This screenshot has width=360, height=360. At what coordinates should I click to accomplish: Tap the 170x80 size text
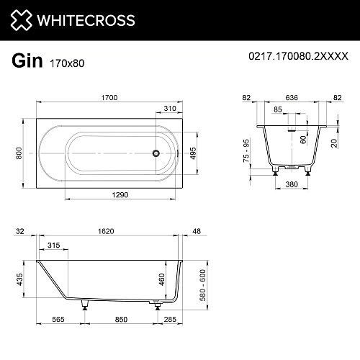pyautogui.click(x=66, y=63)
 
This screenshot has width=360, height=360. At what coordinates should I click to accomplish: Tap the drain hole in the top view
pyautogui.click(x=153, y=153)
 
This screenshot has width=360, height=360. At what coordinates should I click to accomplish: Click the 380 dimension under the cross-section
pyautogui.click(x=290, y=184)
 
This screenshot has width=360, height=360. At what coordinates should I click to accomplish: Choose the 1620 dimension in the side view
pyautogui.click(x=106, y=233)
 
